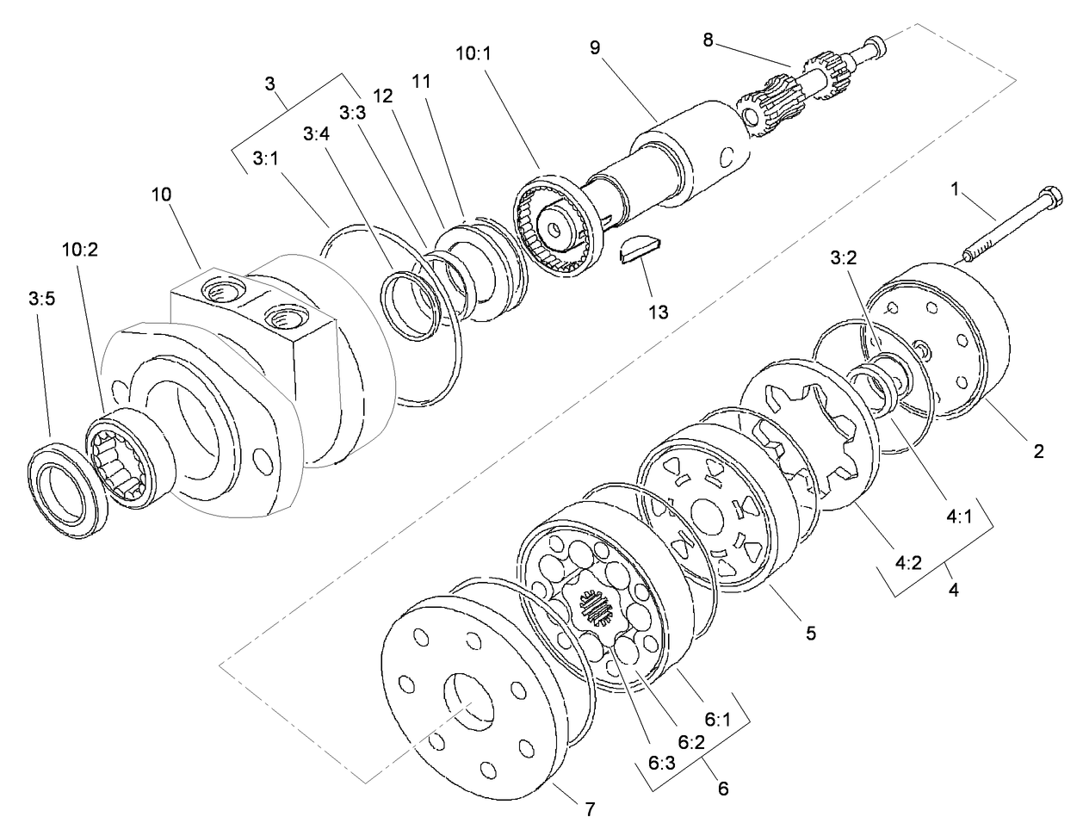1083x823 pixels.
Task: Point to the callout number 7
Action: [x=590, y=809]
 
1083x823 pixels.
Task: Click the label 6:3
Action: [x=660, y=763]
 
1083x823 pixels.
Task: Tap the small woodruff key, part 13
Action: [x=641, y=252]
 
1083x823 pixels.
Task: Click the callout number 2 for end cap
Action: [x=1039, y=451]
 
